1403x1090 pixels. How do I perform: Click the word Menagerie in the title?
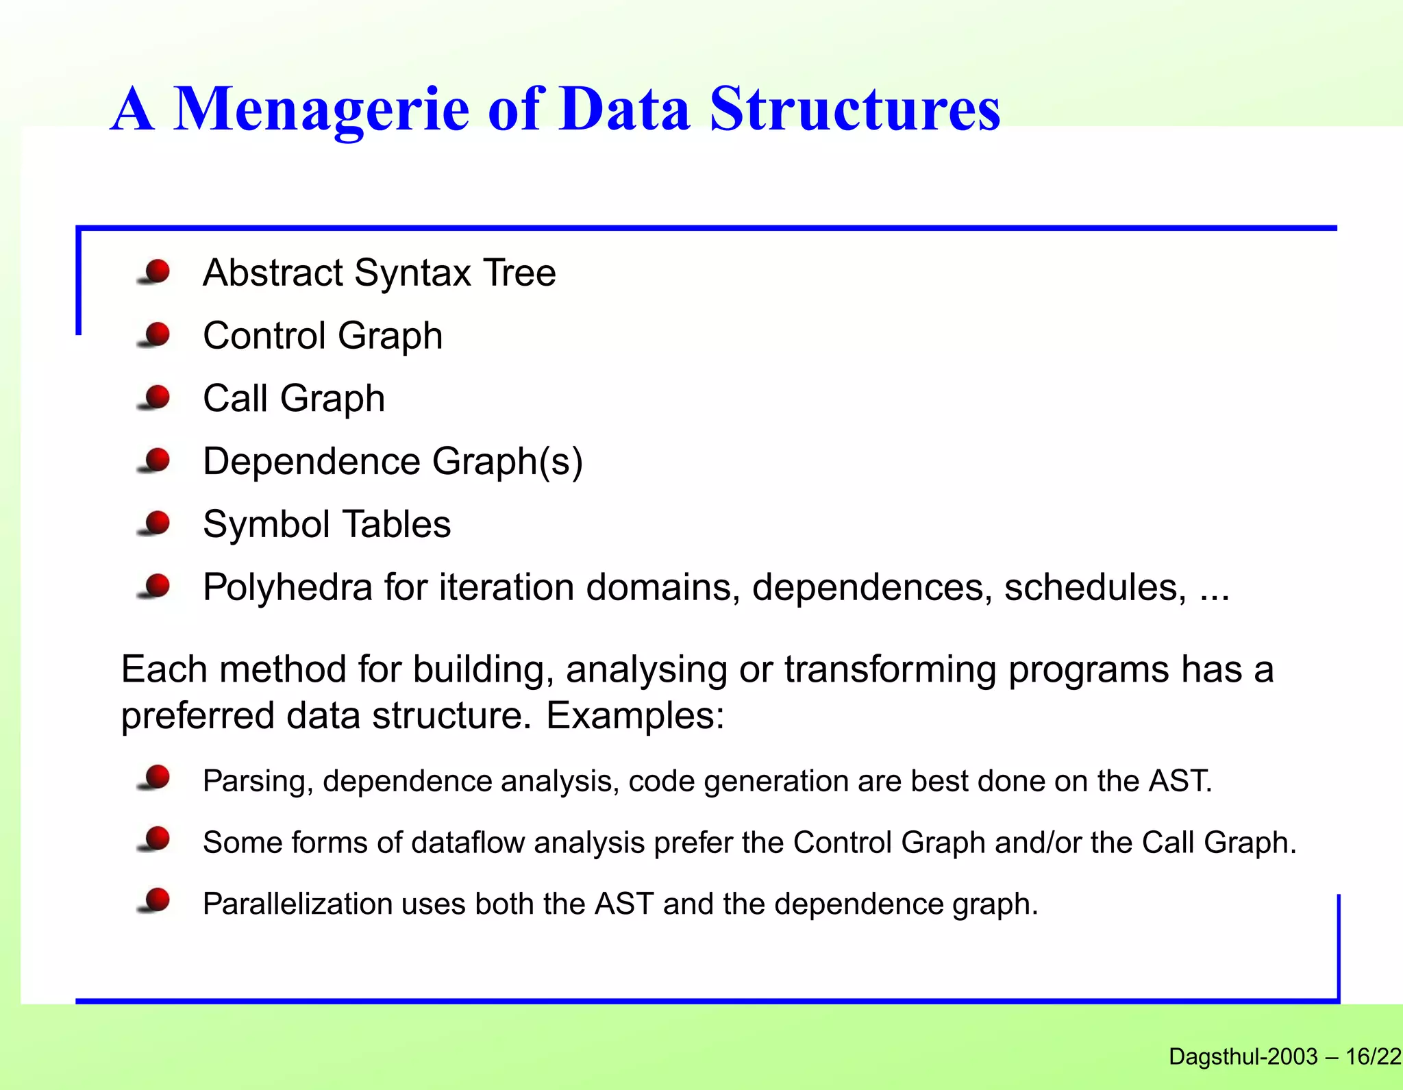click(321, 110)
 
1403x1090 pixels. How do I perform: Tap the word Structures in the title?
click(854, 110)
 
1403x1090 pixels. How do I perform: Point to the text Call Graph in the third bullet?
click(293, 399)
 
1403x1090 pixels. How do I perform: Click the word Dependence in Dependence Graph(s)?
click(312, 461)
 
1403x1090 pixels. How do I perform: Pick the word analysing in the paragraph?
click(646, 669)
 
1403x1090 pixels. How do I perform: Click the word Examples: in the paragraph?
click(635, 716)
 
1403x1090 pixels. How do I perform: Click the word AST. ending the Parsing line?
click(1180, 781)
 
